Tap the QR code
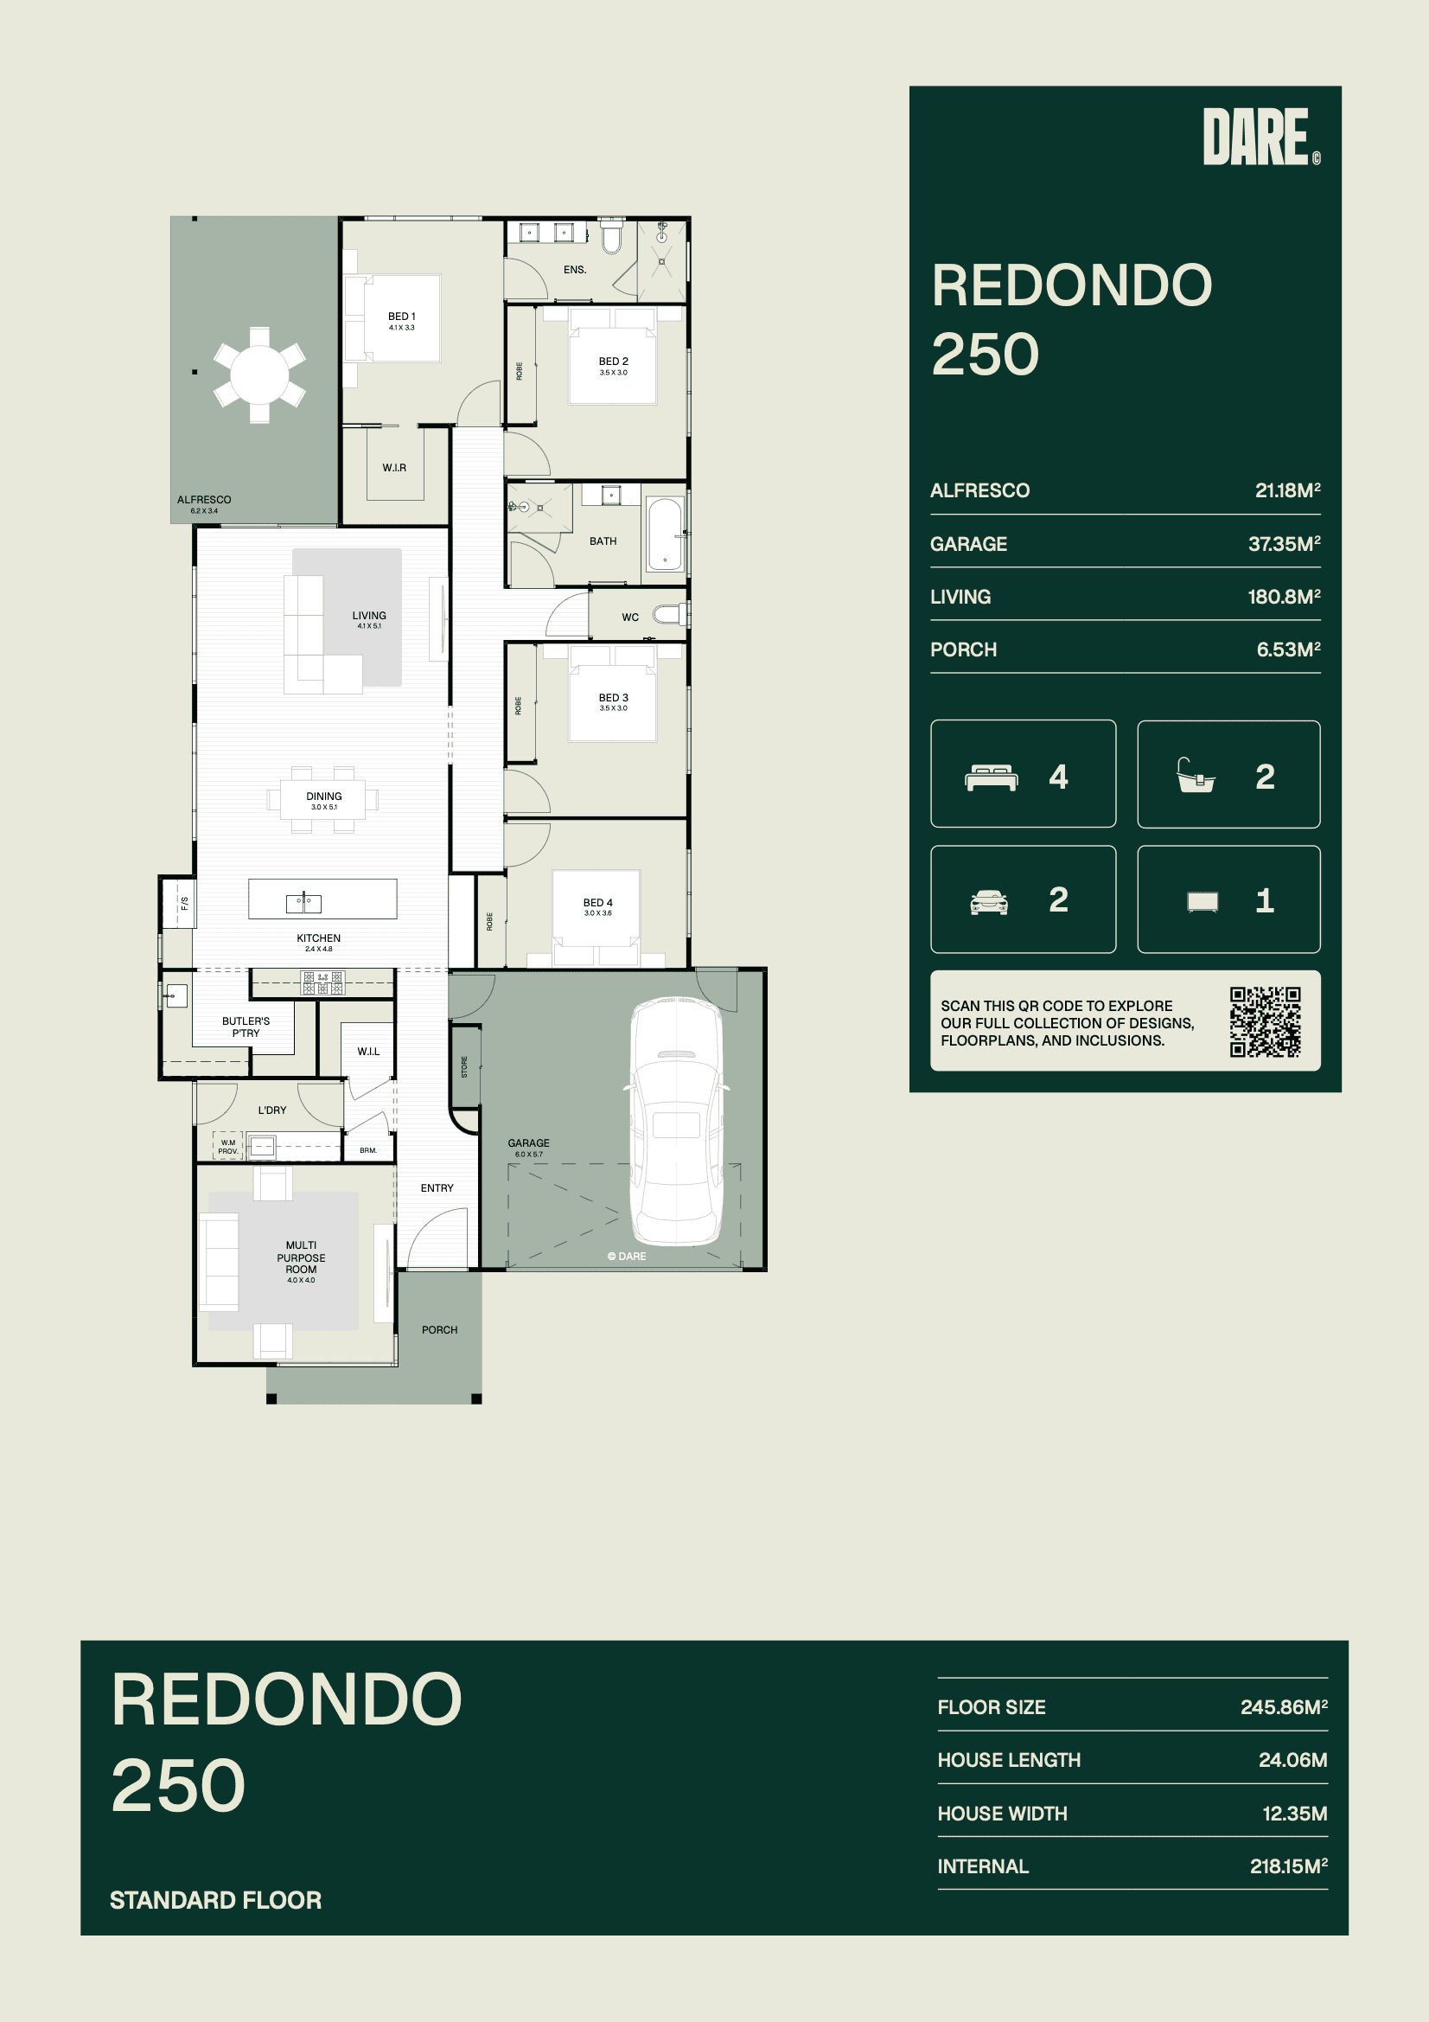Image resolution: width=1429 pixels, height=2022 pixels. (1266, 1021)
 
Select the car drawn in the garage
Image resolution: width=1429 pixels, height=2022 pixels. (676, 1121)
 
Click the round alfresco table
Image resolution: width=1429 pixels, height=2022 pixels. (259, 374)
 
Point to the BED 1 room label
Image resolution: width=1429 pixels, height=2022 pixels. (401, 317)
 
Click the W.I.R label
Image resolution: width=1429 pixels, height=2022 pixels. (394, 468)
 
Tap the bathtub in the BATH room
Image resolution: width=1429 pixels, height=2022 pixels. (666, 534)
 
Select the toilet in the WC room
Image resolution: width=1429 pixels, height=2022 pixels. (670, 614)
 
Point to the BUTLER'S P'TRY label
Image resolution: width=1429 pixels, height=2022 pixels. (246, 1027)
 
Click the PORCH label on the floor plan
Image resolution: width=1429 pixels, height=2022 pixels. (439, 1330)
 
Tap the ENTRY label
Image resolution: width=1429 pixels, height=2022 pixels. (437, 1188)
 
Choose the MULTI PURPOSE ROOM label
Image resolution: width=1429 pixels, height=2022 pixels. (301, 1257)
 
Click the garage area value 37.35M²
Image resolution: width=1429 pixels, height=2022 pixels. (1284, 543)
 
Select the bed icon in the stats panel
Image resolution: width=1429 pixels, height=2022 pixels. (992, 777)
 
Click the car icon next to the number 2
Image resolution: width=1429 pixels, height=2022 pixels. (989, 902)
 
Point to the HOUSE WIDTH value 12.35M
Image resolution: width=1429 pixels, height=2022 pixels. (1294, 1814)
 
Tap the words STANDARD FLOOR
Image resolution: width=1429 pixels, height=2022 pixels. (216, 1900)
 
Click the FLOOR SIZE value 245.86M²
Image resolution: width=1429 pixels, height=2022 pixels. (1284, 1706)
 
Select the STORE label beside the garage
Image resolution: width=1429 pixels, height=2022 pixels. (465, 1066)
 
